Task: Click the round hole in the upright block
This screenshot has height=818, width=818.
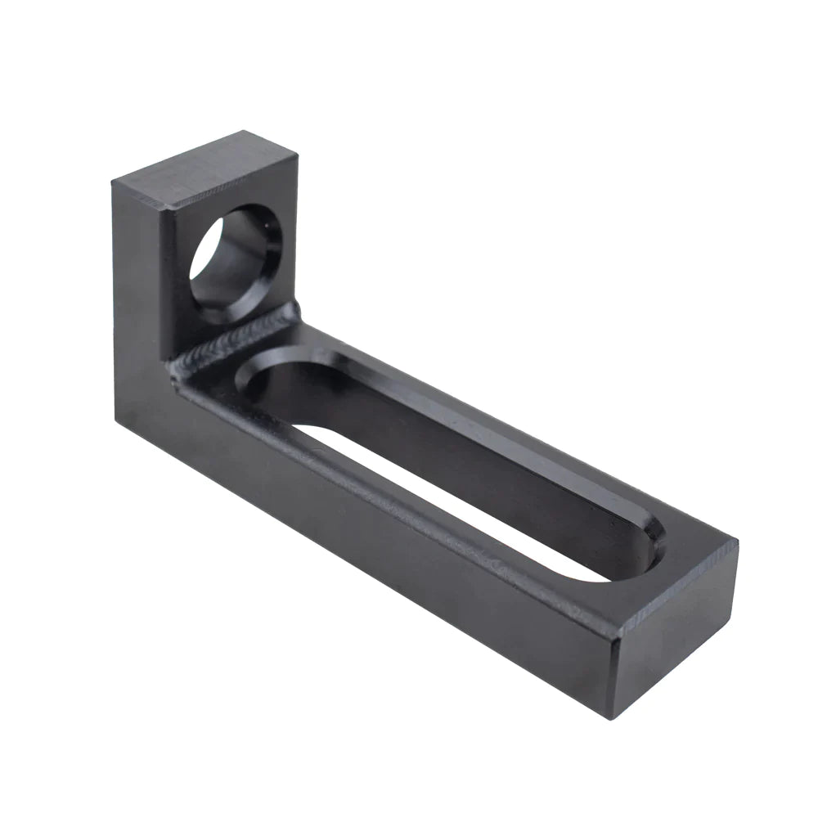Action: point(236,264)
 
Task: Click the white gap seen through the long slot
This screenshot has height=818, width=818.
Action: point(458,500)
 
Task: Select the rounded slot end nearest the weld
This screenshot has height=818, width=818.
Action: point(262,381)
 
